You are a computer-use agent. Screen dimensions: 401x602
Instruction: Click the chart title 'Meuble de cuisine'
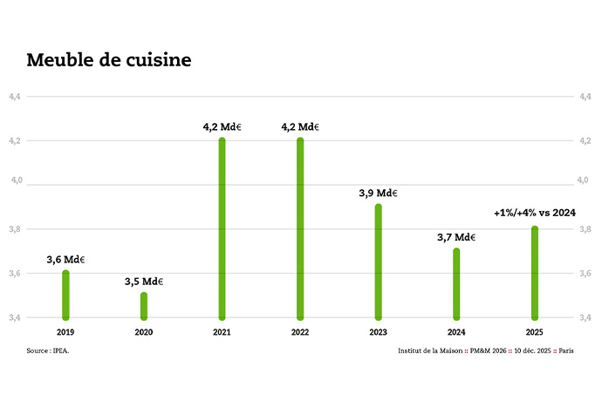click(x=109, y=60)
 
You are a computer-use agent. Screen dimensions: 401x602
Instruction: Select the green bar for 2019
click(x=65, y=295)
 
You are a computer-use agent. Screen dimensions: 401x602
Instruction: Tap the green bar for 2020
click(x=144, y=306)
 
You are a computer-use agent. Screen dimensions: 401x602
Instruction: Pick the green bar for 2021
click(x=222, y=228)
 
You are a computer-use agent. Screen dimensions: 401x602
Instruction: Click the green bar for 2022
click(x=300, y=228)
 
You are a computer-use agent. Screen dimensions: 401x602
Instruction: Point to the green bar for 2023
click(x=379, y=262)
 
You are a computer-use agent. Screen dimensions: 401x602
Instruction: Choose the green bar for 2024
click(x=456, y=283)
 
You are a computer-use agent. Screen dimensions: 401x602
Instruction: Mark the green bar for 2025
click(x=535, y=273)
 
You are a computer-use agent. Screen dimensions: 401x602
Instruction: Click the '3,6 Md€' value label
click(x=65, y=259)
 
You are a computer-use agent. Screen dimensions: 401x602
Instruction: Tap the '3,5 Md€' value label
click(x=144, y=281)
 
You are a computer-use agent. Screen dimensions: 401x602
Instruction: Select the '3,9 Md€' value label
click(x=379, y=193)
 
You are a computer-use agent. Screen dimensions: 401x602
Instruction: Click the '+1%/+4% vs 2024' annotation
click(x=534, y=212)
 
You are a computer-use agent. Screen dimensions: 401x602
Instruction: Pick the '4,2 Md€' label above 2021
click(x=222, y=127)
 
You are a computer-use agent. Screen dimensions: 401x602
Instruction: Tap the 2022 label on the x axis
click(x=300, y=332)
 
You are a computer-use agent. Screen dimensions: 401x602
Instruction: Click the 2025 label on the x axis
click(x=535, y=332)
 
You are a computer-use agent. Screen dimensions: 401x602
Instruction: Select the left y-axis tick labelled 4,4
click(x=16, y=96)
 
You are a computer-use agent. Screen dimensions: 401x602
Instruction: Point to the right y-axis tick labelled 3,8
click(x=585, y=228)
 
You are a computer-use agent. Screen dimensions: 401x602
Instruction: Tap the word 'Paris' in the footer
click(x=566, y=351)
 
